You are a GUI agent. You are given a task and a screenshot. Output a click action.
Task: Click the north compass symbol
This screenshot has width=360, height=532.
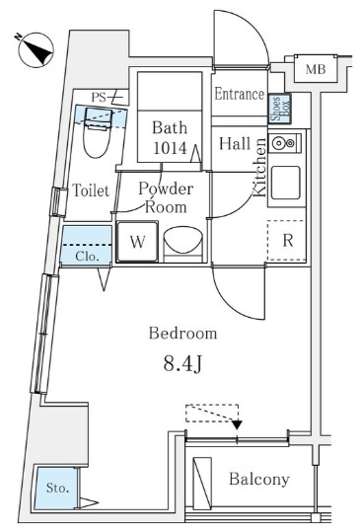click(x=36, y=49)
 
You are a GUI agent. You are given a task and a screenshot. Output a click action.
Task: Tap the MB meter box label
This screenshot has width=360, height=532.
click(x=316, y=69)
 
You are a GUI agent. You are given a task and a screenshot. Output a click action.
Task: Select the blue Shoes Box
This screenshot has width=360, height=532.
click(x=280, y=109)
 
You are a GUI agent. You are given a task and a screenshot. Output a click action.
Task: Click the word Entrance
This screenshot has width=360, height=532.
click(x=240, y=94)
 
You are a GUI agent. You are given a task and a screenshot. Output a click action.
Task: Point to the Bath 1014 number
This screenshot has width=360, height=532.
click(x=170, y=148)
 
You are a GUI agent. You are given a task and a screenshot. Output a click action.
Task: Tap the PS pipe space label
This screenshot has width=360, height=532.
click(x=99, y=98)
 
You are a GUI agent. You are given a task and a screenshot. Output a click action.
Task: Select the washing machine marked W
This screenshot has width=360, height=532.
click(x=137, y=242)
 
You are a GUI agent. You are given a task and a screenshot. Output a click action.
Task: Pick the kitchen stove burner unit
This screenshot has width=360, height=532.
click(x=285, y=143)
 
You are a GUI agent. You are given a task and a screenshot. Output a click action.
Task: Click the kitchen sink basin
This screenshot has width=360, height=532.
click(x=285, y=183)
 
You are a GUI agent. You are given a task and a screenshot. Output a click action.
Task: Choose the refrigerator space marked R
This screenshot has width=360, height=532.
click(x=287, y=241)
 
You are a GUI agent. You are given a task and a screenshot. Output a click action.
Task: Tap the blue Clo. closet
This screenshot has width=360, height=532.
click(x=87, y=245)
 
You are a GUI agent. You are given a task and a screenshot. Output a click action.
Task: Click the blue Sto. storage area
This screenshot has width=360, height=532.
click(x=55, y=488)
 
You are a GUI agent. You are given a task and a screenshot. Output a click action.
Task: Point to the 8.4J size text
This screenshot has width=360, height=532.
click(x=182, y=364)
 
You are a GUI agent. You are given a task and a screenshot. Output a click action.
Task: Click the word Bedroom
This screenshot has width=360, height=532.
click(x=182, y=333)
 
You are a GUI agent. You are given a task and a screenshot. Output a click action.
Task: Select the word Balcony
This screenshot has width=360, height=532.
click(x=259, y=479)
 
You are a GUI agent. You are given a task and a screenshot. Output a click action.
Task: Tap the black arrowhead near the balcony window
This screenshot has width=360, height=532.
click(x=237, y=424)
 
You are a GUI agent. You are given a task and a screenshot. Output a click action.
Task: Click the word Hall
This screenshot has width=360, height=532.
click(x=235, y=143)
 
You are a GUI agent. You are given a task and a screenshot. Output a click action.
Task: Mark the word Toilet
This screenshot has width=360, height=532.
click(x=91, y=190)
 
